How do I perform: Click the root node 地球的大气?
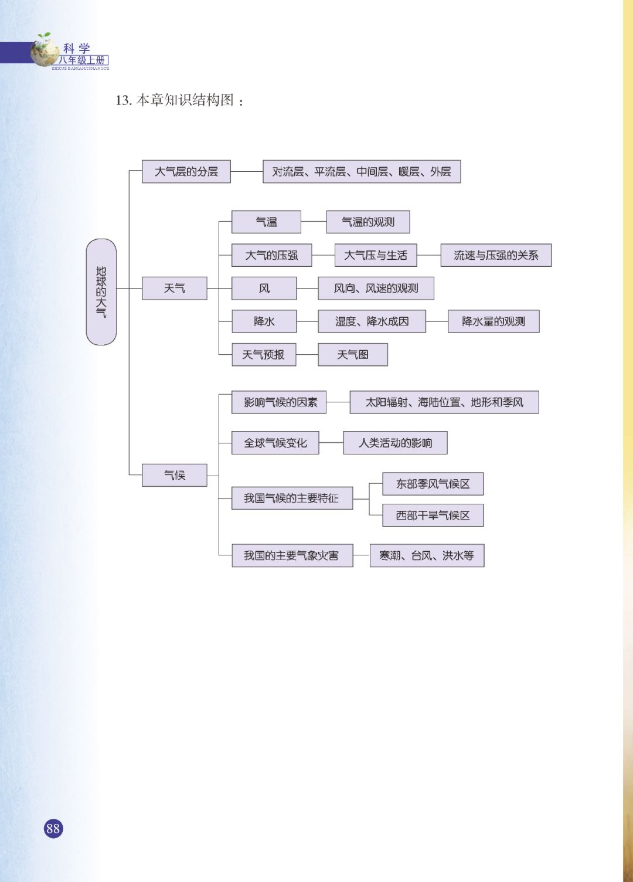tap(101, 291)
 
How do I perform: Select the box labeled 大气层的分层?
tap(186, 172)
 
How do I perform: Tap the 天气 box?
tap(174, 289)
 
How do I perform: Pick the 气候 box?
tap(174, 475)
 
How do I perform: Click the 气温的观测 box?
tap(367, 222)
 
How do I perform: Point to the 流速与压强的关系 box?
tap(495, 256)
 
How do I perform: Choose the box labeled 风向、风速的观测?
tap(376, 289)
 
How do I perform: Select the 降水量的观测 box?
tap(493, 321)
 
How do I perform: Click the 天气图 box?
tap(352, 355)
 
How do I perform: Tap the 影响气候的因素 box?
tap(279, 402)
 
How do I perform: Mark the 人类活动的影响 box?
tap(395, 443)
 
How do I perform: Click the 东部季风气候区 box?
tap(433, 484)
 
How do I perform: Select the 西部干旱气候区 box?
tap(433, 515)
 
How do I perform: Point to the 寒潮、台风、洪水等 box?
tap(427, 555)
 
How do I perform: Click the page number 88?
tap(53, 828)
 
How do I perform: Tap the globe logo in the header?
tap(45, 50)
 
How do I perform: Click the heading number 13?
tap(122, 100)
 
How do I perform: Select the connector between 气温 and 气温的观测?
tap(314, 222)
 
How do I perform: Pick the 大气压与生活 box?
tap(376, 256)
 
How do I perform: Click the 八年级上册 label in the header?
tap(83, 60)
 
